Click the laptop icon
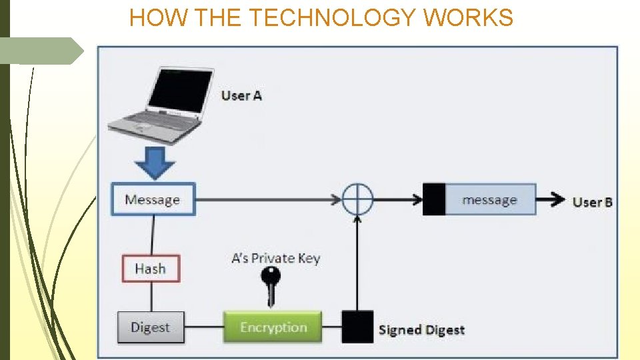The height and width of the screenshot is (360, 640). tap(160, 107)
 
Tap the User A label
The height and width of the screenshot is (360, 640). tap(241, 95)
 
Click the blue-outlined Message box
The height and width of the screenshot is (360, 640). tap(153, 199)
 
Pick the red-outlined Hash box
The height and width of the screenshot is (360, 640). tap(150, 269)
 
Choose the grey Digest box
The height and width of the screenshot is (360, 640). tap(151, 327)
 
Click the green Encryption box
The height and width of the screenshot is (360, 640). tap(273, 327)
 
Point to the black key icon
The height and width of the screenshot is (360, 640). tap(271, 283)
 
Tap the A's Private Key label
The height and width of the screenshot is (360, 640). tap(275, 258)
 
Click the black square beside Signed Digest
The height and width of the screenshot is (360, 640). tap(357, 327)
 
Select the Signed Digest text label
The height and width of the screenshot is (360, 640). tap(421, 329)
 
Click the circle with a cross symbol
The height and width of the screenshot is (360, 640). tap(357, 199)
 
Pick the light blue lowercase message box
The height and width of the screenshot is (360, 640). tap(490, 199)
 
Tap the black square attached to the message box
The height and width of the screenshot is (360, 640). tap(434, 199)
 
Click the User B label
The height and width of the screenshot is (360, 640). tap(592, 201)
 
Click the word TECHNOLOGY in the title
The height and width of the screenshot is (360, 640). tap(332, 18)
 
